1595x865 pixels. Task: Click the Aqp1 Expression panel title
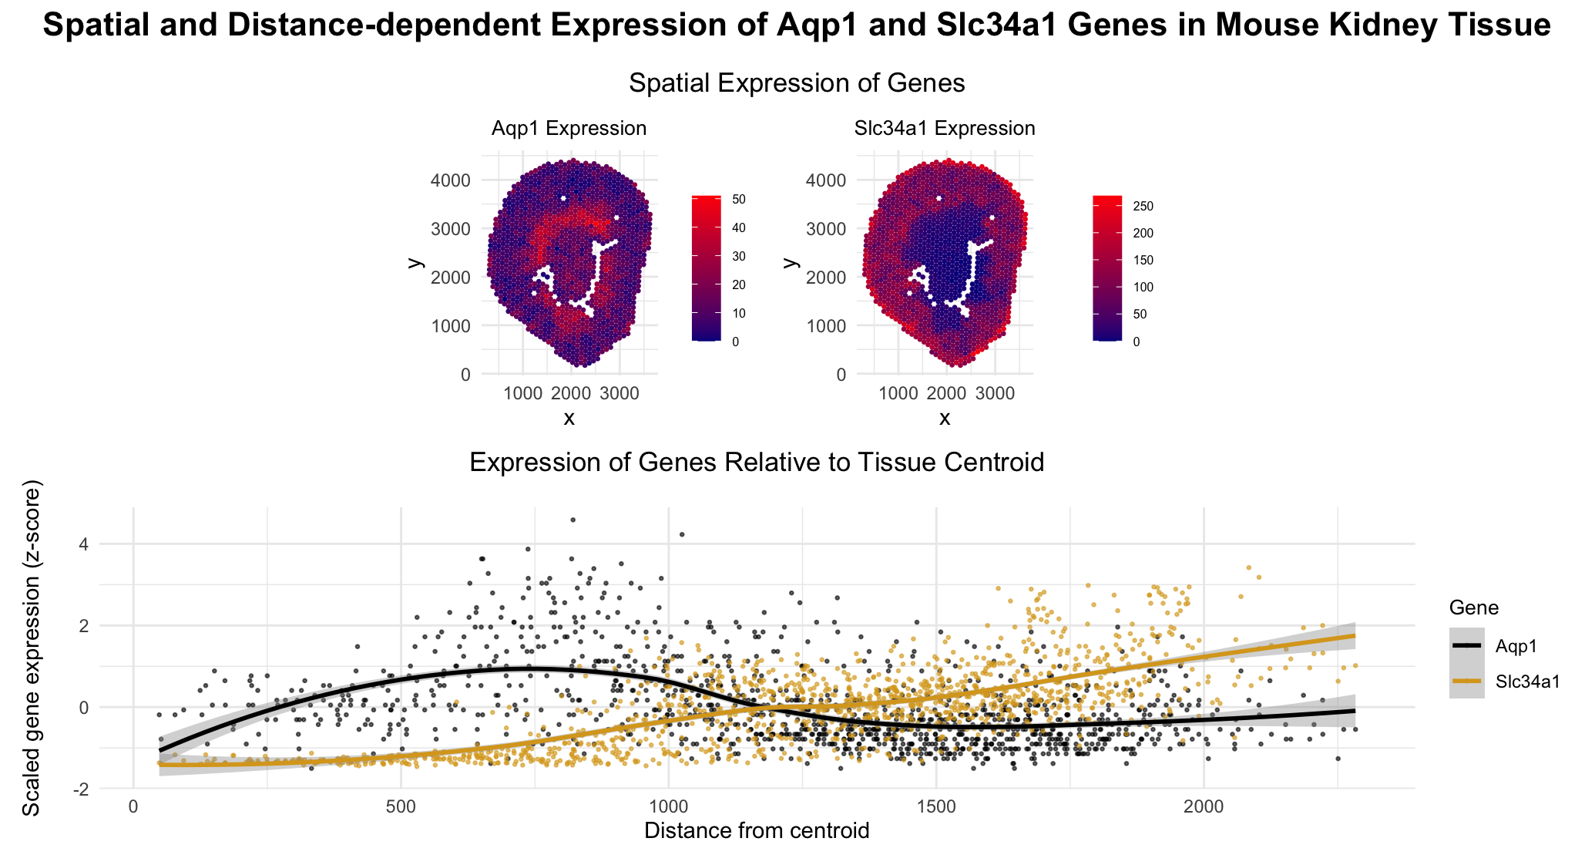coord(569,129)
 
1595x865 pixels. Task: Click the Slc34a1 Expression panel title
coord(945,129)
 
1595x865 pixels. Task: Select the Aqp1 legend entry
coord(1516,647)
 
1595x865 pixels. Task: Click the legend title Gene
coord(1473,608)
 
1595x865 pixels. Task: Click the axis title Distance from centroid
coord(757,831)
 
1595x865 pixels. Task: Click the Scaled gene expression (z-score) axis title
coord(31,648)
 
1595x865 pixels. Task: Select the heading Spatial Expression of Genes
coord(797,83)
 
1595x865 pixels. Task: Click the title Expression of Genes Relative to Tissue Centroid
coord(757,463)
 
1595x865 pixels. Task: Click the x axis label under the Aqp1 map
coord(569,419)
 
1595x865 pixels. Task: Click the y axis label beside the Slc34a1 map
coord(790,262)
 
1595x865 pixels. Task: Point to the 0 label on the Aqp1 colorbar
coord(735,342)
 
